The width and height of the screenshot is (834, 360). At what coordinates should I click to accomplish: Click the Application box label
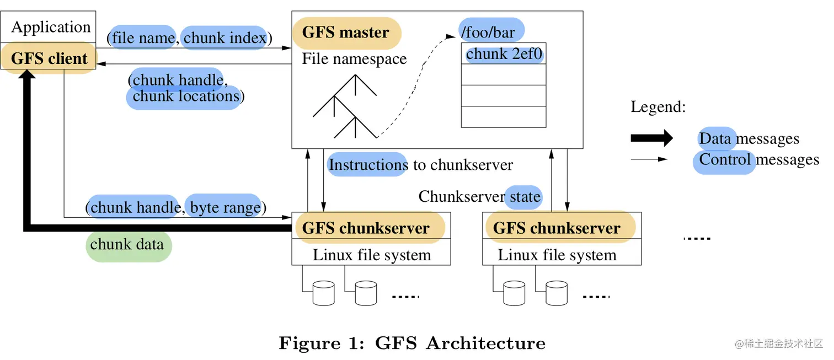coord(51,27)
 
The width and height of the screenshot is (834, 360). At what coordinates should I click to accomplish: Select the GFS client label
coord(49,58)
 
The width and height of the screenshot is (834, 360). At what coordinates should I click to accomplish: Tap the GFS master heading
coord(346,33)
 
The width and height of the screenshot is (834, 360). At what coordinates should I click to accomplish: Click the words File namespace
coord(354,59)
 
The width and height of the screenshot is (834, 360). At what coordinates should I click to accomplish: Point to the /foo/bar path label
coord(488,32)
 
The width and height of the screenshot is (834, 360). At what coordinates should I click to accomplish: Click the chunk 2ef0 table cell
coord(504,54)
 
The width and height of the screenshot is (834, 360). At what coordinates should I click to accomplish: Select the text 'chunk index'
coord(225,38)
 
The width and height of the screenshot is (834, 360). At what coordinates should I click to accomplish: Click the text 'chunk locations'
coord(186,96)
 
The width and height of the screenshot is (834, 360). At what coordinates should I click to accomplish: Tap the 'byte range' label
coord(225,208)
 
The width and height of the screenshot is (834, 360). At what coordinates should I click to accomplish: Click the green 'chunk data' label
coord(127,244)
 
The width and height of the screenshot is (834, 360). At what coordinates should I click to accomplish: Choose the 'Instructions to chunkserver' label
coord(421,164)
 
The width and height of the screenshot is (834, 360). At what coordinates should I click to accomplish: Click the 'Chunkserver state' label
coord(479,197)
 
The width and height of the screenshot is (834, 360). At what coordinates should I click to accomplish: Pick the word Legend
coord(658,107)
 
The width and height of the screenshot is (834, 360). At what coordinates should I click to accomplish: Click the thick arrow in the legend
coord(651,138)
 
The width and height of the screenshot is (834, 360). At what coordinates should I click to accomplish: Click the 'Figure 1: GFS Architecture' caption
coord(412,343)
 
